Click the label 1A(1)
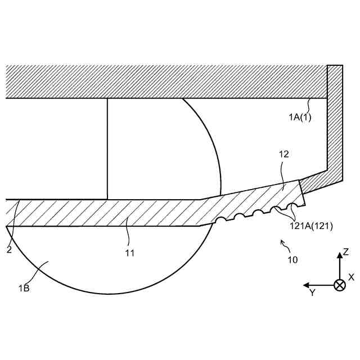[x=300, y=117]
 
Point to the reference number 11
[x=129, y=253]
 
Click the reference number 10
[x=292, y=259]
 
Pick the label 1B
[x=24, y=288]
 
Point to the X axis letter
[x=351, y=277]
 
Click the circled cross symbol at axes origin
[x=340, y=285]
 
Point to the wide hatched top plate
[x=163, y=82]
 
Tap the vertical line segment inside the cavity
[x=107, y=149]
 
